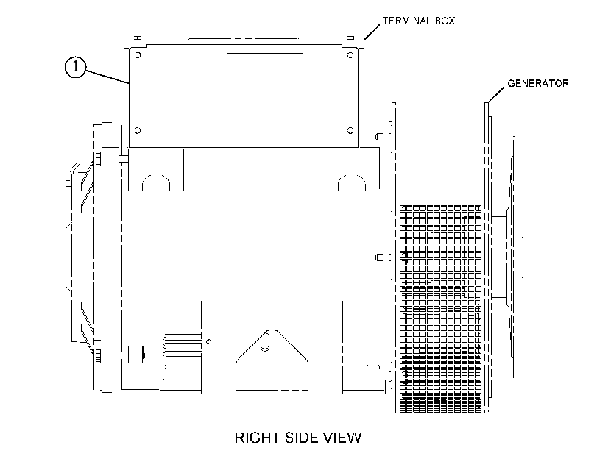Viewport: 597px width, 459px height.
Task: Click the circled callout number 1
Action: tap(75, 67)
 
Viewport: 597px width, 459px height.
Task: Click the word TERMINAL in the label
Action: tap(406, 21)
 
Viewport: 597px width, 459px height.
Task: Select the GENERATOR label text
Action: tap(538, 83)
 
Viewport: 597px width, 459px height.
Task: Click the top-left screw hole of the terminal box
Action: tap(138, 55)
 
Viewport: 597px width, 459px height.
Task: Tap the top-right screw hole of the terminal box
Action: tap(350, 55)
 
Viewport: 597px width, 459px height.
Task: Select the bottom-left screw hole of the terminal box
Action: tap(138, 130)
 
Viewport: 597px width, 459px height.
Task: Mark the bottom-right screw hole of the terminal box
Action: tap(350, 130)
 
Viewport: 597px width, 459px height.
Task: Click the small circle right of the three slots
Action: tap(208, 341)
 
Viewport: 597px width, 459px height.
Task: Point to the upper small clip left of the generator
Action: tap(379, 136)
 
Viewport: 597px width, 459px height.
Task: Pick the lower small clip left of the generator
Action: tap(379, 257)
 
